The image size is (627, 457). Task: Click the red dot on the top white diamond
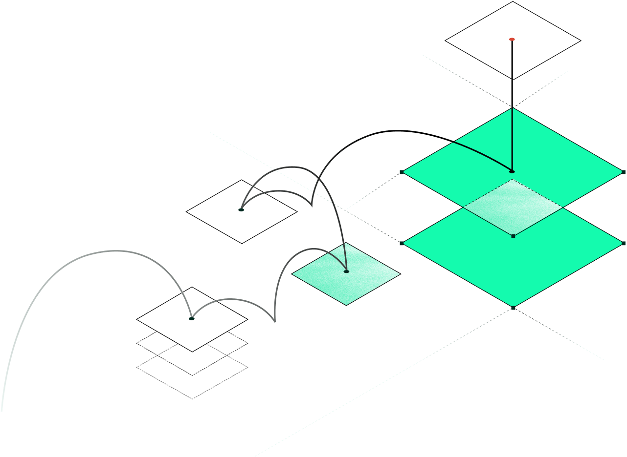(x=512, y=39)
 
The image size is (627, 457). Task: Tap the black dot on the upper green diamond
(x=512, y=171)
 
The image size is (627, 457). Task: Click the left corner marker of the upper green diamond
(x=402, y=172)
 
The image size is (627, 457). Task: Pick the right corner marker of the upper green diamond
(x=624, y=172)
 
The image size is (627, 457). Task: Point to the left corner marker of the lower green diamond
(x=402, y=243)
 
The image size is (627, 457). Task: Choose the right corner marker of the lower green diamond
(x=624, y=243)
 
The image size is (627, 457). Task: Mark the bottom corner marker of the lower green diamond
(x=513, y=308)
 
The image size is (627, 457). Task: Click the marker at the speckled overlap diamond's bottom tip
(x=513, y=236)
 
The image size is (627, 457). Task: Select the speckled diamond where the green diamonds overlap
(x=513, y=208)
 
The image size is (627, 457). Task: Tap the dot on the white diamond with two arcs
(x=241, y=209)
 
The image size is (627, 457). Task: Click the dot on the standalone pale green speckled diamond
(x=346, y=271)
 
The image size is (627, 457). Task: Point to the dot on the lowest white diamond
(x=192, y=318)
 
